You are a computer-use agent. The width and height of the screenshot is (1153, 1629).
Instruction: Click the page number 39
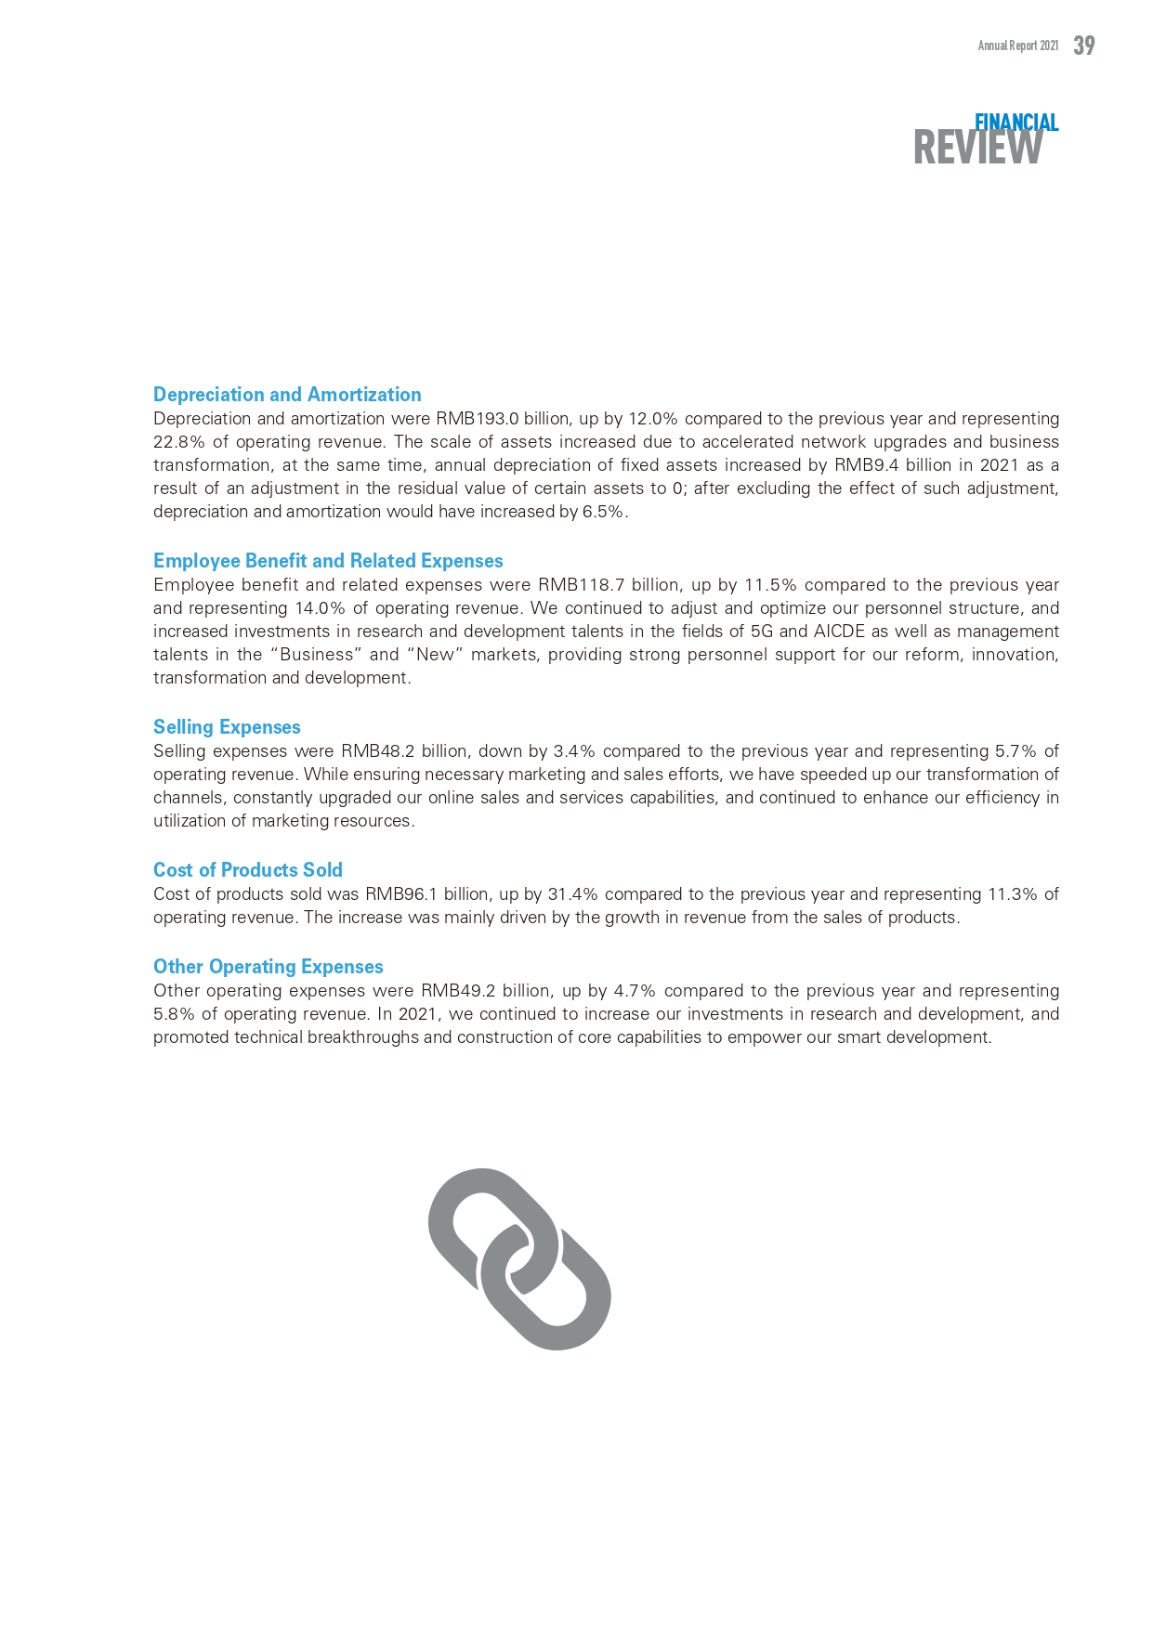1083,46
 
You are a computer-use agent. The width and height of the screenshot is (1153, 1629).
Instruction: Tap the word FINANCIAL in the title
1016,123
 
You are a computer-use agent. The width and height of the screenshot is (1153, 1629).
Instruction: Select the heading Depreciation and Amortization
287,395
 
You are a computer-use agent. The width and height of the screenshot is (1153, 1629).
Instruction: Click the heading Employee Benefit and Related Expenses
328,561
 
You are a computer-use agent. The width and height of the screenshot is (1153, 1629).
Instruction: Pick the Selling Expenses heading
227,727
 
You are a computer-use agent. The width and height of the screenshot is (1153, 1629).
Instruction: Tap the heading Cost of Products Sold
248,870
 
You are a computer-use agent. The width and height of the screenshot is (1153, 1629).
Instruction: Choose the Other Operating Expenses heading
269,967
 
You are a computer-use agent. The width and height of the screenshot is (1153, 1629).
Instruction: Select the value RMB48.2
378,751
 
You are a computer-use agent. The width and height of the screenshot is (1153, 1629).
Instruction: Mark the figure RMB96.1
400,894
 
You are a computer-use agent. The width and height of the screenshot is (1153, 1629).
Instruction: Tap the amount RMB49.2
458,991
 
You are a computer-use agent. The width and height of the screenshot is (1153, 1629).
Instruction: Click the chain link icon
519,1258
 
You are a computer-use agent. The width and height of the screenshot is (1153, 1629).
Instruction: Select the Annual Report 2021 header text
1017,46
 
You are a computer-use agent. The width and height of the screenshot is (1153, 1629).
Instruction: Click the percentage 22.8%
178,442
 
